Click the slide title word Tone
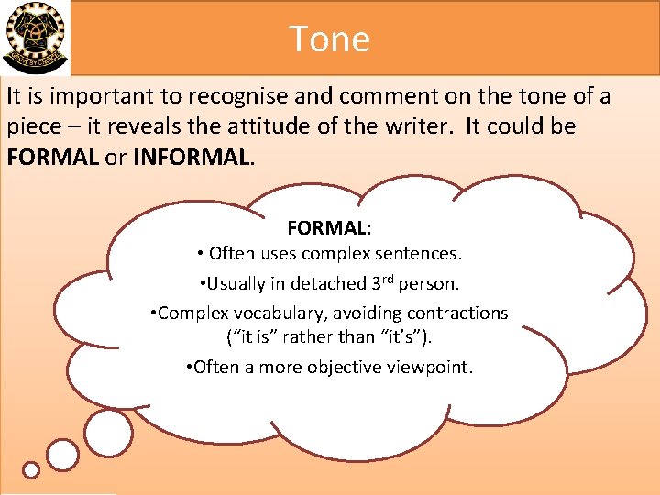click(x=329, y=38)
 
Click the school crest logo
click(x=35, y=38)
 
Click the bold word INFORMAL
click(x=191, y=157)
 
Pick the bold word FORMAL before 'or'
click(x=52, y=157)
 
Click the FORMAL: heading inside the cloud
click(x=329, y=226)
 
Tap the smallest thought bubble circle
click(x=31, y=470)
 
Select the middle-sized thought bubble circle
click(x=62, y=455)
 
